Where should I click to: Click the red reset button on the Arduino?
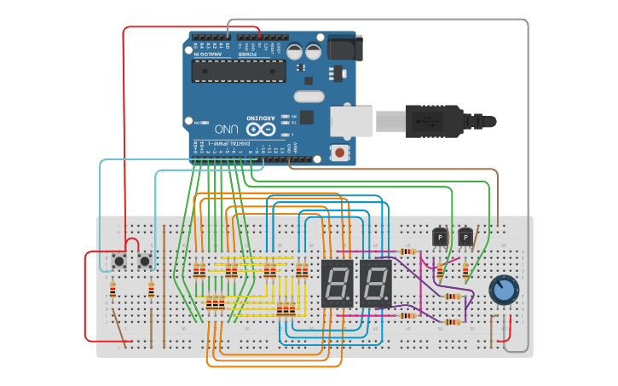[340, 153]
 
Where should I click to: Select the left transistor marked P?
[440, 236]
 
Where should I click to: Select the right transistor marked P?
[465, 236]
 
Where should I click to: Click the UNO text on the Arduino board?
[226, 129]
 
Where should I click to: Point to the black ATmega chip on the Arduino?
[238, 71]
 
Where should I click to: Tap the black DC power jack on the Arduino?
[344, 46]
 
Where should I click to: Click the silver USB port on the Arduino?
[351, 121]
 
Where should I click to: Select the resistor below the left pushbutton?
[113, 290]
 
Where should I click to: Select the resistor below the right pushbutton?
[151, 291]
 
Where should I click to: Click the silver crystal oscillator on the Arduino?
[310, 96]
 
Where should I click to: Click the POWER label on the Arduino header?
[246, 55]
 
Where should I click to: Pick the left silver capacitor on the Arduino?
[295, 51]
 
